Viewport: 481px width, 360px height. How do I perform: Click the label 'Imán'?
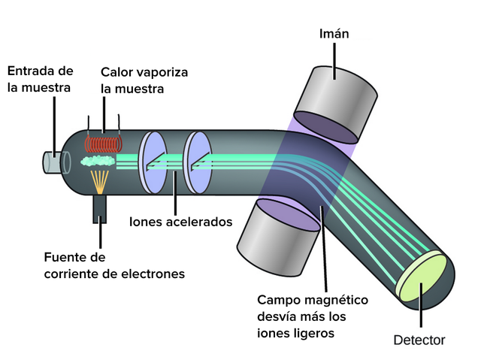[334, 34]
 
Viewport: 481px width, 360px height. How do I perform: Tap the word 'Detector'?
[419, 340]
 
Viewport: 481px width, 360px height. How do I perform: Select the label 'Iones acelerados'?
[180, 222]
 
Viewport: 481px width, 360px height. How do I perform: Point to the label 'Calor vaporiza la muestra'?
[144, 79]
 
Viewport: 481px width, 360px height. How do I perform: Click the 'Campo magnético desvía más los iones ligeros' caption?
[313, 316]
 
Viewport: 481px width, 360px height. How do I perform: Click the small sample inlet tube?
[54, 161]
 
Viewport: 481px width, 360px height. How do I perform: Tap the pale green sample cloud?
[98, 161]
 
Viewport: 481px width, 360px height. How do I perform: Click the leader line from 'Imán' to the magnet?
[334, 57]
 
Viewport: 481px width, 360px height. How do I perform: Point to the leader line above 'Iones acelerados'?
[175, 192]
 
